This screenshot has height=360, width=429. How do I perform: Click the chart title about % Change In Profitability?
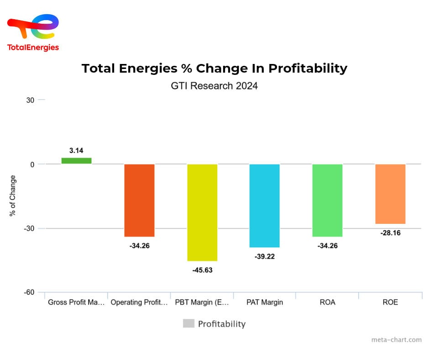(x=214, y=69)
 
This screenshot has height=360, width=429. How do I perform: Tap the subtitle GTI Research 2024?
(x=214, y=85)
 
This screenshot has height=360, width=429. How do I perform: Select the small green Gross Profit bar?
(x=77, y=161)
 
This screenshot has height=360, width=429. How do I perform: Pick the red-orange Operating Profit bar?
(x=139, y=200)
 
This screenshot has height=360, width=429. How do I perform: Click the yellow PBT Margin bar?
(x=202, y=212)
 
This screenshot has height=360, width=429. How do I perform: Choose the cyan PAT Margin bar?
(x=265, y=206)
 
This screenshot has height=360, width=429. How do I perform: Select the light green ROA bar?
(x=327, y=200)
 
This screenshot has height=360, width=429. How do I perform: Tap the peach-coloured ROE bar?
(x=390, y=194)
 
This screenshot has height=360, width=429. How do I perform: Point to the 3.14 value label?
(x=76, y=150)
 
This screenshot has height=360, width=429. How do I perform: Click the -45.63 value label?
(x=202, y=270)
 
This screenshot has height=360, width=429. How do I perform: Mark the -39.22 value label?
(x=265, y=256)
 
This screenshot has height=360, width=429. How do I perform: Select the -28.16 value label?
(x=390, y=233)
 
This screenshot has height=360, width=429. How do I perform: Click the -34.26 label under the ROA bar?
(x=327, y=246)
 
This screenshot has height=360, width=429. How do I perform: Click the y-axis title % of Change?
(x=13, y=196)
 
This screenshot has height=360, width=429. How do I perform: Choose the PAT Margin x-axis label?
(x=265, y=302)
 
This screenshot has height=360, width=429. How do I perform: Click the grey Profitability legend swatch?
(x=188, y=323)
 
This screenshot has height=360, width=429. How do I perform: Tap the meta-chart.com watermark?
(x=396, y=339)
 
